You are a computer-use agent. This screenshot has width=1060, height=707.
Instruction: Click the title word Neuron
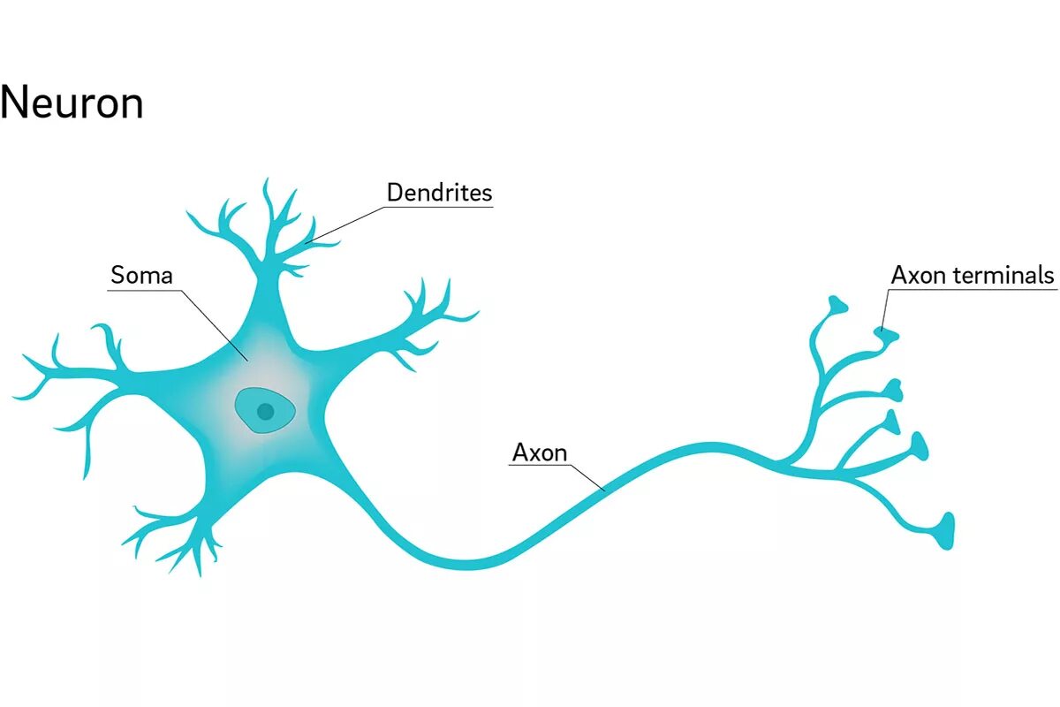72,103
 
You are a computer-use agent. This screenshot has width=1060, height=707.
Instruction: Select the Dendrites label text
439,192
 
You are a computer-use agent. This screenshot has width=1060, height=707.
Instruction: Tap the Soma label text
141,275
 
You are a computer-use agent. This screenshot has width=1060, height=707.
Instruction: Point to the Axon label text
540,453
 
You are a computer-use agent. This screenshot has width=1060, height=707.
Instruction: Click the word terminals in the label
1005,275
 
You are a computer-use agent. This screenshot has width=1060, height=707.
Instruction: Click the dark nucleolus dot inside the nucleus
264,411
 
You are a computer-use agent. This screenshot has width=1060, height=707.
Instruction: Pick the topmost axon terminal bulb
837,305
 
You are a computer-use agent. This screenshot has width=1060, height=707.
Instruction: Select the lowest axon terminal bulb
946,530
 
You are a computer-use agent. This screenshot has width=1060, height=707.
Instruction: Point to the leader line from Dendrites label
349,224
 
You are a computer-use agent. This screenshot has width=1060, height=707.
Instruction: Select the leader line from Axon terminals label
883,309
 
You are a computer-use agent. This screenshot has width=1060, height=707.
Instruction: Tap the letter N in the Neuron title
16,103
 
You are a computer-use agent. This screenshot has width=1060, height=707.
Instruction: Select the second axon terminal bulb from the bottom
920,446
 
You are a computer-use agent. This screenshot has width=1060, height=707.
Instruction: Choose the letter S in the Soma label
117,275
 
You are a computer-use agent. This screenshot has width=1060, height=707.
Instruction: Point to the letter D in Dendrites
395,192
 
